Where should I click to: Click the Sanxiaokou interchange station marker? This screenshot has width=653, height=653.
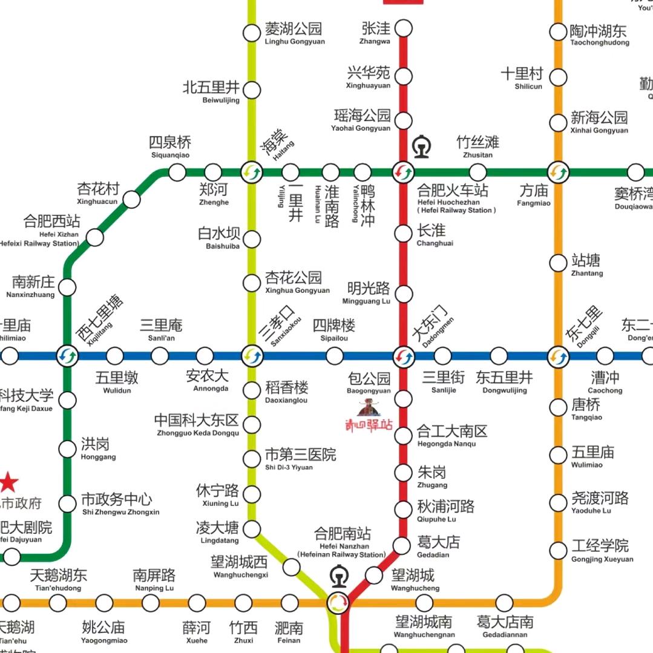pos(252,356)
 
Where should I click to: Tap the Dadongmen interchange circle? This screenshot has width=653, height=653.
pos(403,356)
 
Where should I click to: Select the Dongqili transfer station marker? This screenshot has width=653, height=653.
pos(558,356)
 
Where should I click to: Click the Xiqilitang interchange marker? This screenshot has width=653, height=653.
pos(67,356)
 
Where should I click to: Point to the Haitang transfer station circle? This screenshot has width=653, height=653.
pos(252,172)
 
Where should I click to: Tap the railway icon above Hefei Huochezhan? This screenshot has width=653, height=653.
pos(421,147)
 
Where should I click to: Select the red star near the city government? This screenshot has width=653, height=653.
pos(8,482)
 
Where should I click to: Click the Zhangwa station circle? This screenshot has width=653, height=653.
pos(404,28)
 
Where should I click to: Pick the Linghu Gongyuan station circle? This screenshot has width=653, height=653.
pos(252,33)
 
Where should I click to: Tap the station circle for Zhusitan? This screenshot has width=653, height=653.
pos(478,172)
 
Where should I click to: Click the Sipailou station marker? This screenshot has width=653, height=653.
pos(335,356)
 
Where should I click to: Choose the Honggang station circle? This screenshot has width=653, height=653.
pos(67,449)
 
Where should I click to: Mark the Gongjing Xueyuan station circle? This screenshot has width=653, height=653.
pos(558,550)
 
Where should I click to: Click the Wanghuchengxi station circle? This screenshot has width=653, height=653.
pos(292,567)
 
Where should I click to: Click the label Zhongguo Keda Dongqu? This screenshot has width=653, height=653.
pos(197,424)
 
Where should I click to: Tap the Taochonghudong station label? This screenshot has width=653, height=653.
pos(599,34)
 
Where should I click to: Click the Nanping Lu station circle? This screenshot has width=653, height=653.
pos(151,603)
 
